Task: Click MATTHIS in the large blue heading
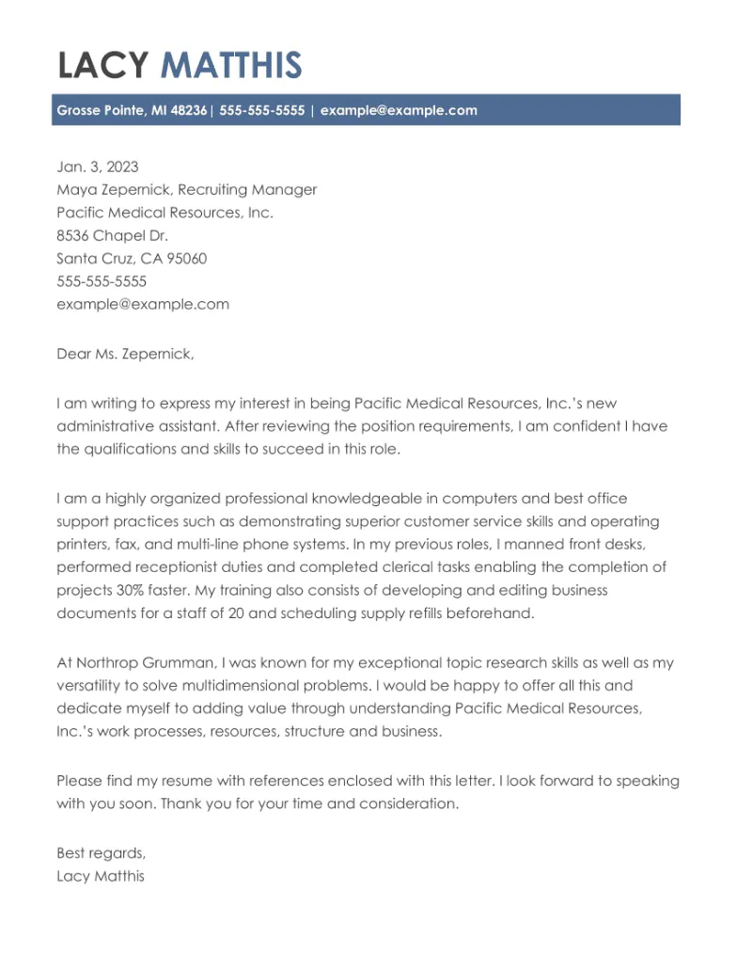tap(231, 66)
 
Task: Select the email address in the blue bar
tap(399, 110)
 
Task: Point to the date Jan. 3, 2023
tap(98, 167)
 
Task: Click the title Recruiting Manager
tap(247, 189)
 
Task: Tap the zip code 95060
tap(187, 259)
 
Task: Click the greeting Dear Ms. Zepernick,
tap(125, 354)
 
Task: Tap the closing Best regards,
tap(102, 853)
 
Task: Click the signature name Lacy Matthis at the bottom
tap(101, 877)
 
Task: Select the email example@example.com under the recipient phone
tap(143, 304)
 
